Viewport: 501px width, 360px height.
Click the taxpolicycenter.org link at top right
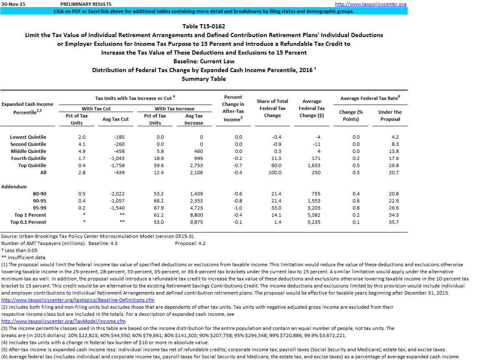pyautogui.click(x=371, y=4)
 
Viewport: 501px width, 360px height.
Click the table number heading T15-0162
pyautogui.click(x=204, y=26)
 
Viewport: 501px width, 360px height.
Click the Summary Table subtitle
pyautogui.click(x=204, y=79)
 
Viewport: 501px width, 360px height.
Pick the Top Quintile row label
pyautogui.click(x=29, y=165)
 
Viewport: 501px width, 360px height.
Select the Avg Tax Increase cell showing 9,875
pyautogui.click(x=194, y=222)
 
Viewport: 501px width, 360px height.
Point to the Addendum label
pyautogui.click(x=14, y=187)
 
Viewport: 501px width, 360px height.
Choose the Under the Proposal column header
pyautogui.click(x=390, y=115)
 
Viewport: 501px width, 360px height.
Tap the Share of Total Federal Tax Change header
pyautogui.click(x=272, y=108)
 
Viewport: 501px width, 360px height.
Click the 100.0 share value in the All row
pyautogui.click(x=272, y=172)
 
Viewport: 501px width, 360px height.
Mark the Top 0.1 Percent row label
pyautogui.click(x=28, y=222)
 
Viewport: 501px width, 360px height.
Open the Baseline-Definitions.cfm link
pyautogui.click(x=78, y=300)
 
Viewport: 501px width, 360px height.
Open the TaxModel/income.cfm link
pyautogui.click(x=63, y=321)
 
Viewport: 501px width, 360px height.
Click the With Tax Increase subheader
pyautogui.click(x=174, y=109)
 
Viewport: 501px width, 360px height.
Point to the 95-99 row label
pyautogui.click(x=40, y=208)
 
